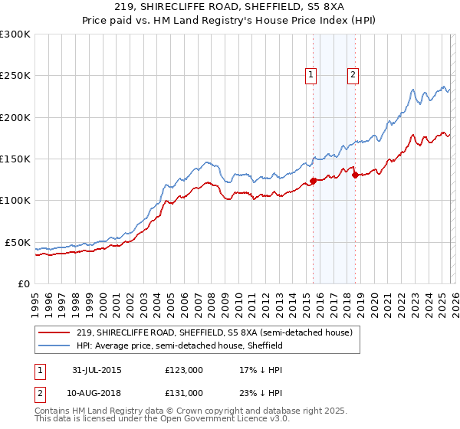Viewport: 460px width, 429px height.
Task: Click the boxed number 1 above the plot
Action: pos(311,75)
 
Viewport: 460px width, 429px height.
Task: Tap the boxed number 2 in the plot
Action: pos(353,75)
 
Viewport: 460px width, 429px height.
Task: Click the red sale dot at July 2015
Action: pos(313,182)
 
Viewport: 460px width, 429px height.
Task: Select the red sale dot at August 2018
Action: pos(355,175)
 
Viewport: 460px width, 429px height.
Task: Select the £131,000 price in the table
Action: pos(183,392)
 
